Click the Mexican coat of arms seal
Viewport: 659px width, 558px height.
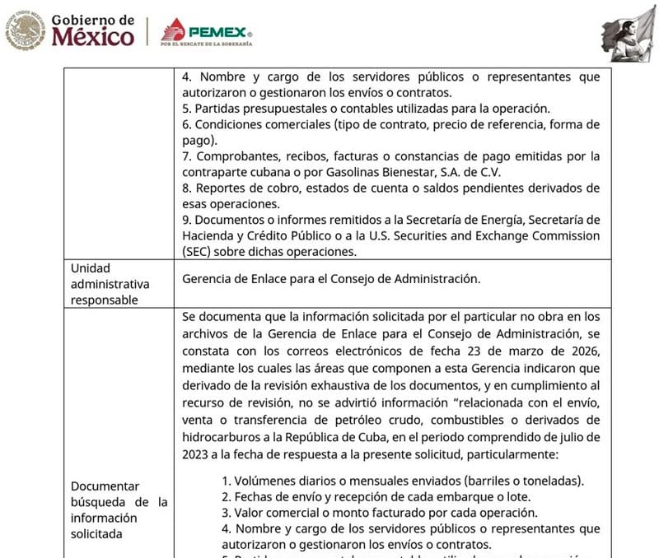coord(26,30)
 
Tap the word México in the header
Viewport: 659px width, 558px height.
coord(92,37)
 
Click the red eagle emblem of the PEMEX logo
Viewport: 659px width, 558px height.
coord(174,30)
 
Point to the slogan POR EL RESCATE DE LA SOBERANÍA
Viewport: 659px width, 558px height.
coord(206,44)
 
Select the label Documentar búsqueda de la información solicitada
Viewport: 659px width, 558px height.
coord(119,509)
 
